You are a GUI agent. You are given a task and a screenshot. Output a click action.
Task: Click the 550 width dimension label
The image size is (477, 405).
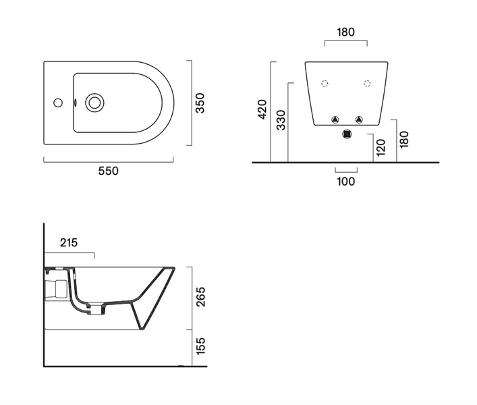point(109,171)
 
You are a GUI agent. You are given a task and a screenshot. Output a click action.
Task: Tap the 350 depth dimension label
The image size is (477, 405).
point(200,103)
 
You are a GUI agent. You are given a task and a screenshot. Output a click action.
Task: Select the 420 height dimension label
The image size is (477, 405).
point(262,109)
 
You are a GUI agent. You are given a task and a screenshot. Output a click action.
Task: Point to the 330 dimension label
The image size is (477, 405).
point(281,120)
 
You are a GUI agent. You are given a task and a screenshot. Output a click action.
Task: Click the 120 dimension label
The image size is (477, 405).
point(381,148)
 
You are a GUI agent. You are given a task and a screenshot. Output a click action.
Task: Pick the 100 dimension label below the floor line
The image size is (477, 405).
point(346,182)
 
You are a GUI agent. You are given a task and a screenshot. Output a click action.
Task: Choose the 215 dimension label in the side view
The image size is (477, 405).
point(69,242)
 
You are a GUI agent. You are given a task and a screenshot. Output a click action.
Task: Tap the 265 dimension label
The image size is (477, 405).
point(201,297)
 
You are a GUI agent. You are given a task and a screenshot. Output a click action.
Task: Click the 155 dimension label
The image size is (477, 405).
point(201,346)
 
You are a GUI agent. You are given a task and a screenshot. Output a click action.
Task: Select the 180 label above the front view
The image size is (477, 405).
point(345,32)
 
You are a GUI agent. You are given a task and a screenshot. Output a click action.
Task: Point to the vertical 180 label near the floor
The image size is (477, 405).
point(403,140)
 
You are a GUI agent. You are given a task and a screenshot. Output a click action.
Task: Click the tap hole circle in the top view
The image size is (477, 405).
point(58,103)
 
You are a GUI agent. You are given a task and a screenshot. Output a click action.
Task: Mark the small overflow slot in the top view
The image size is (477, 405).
point(75,103)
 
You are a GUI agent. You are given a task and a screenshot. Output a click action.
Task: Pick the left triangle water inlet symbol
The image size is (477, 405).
point(335,119)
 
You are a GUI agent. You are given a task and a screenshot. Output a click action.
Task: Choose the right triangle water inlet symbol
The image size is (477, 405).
point(360,119)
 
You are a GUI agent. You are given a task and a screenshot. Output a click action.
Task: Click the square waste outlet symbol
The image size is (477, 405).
point(347,134)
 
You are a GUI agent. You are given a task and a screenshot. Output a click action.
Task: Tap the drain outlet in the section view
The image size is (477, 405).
point(96,310)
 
